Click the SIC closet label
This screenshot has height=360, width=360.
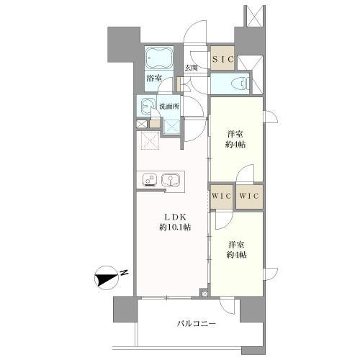pos(222,59)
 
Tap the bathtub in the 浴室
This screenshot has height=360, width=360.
pos(159,58)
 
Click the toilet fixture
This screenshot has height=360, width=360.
pos(240,84)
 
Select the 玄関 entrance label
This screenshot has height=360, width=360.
pos(191,68)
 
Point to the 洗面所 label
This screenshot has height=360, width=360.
pos(169,107)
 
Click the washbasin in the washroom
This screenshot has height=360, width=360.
pos(147,107)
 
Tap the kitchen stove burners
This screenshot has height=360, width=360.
pos(150,180)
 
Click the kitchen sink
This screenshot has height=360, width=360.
pos(171,180)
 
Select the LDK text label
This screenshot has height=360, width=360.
pos(175,217)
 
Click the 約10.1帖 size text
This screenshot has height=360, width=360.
pos(175,227)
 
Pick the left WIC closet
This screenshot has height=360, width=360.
pos(222,197)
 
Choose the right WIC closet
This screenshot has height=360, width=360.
pos(249,197)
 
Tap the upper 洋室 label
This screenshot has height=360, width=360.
pos(235,134)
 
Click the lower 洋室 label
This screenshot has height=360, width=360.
pos(236,245)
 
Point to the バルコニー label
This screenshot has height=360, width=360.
pos(197,324)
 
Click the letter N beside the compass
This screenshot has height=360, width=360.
pos(124,273)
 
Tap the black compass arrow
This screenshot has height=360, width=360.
pos(106,279)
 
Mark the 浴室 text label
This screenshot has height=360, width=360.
pos(154,78)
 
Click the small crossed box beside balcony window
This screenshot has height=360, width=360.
pos(204,294)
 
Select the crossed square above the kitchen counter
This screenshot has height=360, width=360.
pos(150,140)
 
